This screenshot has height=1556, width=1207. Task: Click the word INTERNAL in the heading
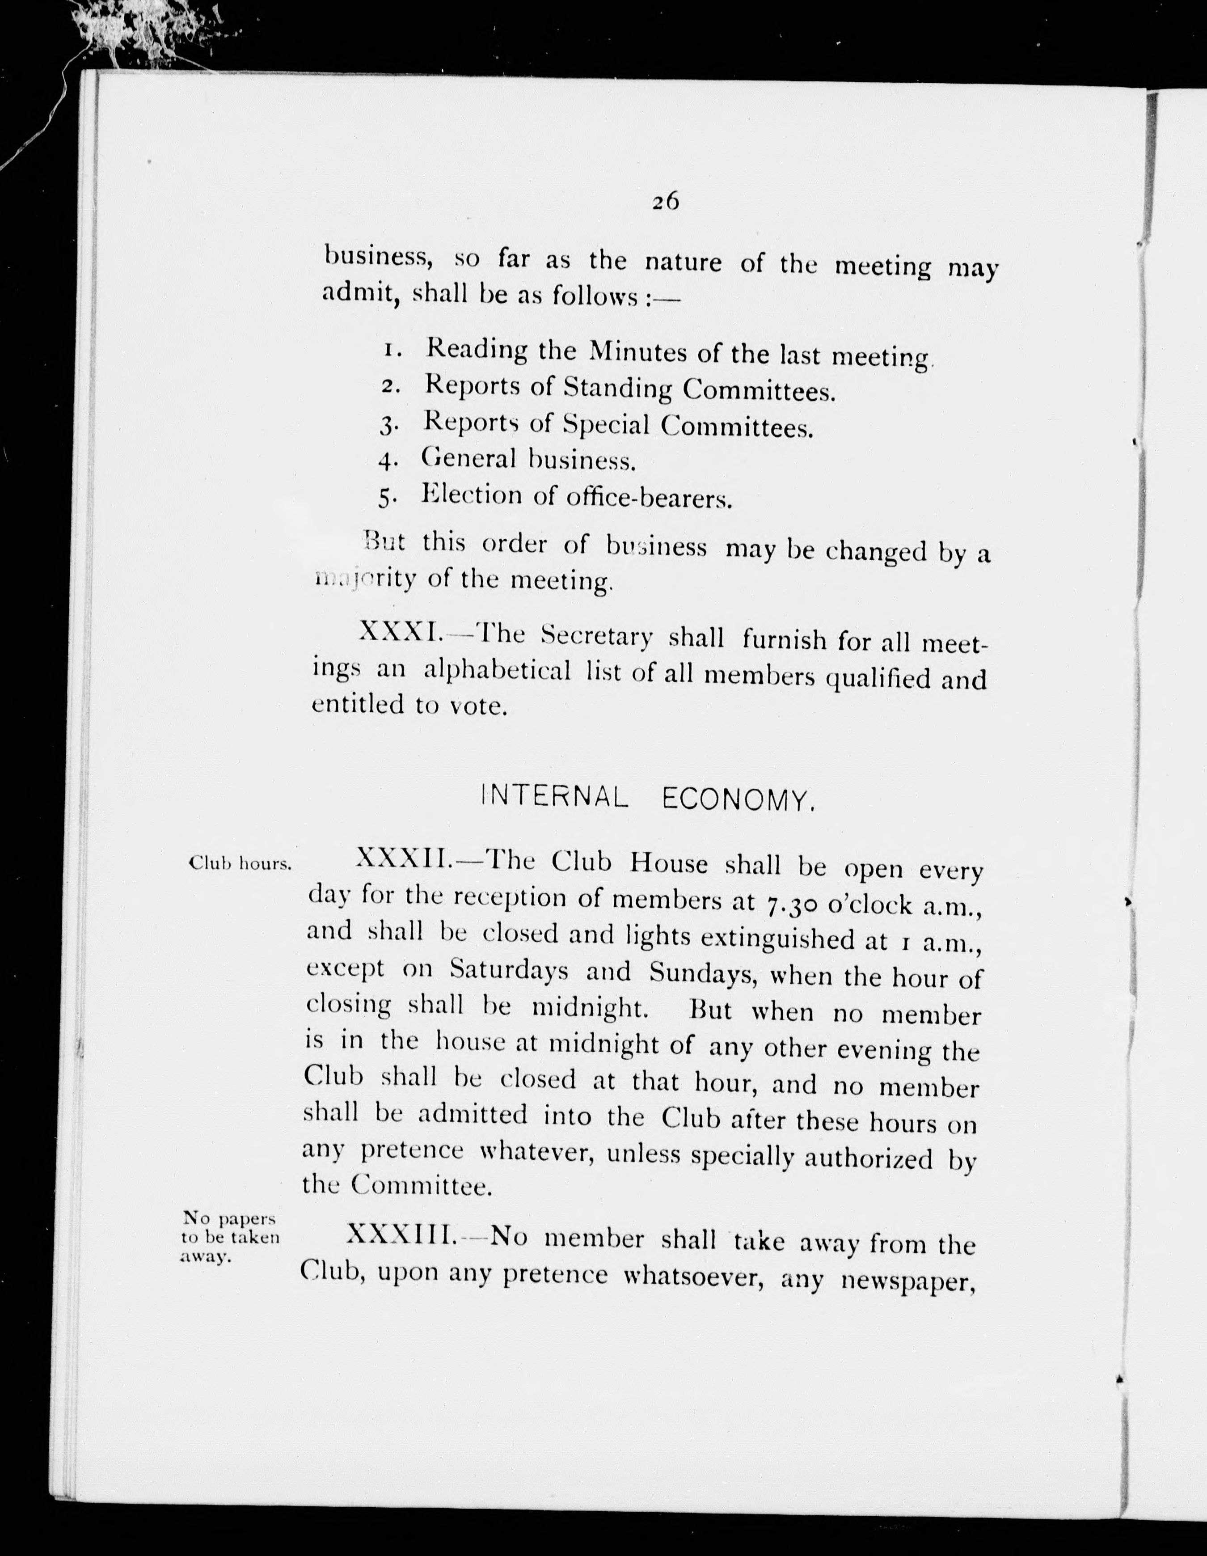point(555,798)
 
